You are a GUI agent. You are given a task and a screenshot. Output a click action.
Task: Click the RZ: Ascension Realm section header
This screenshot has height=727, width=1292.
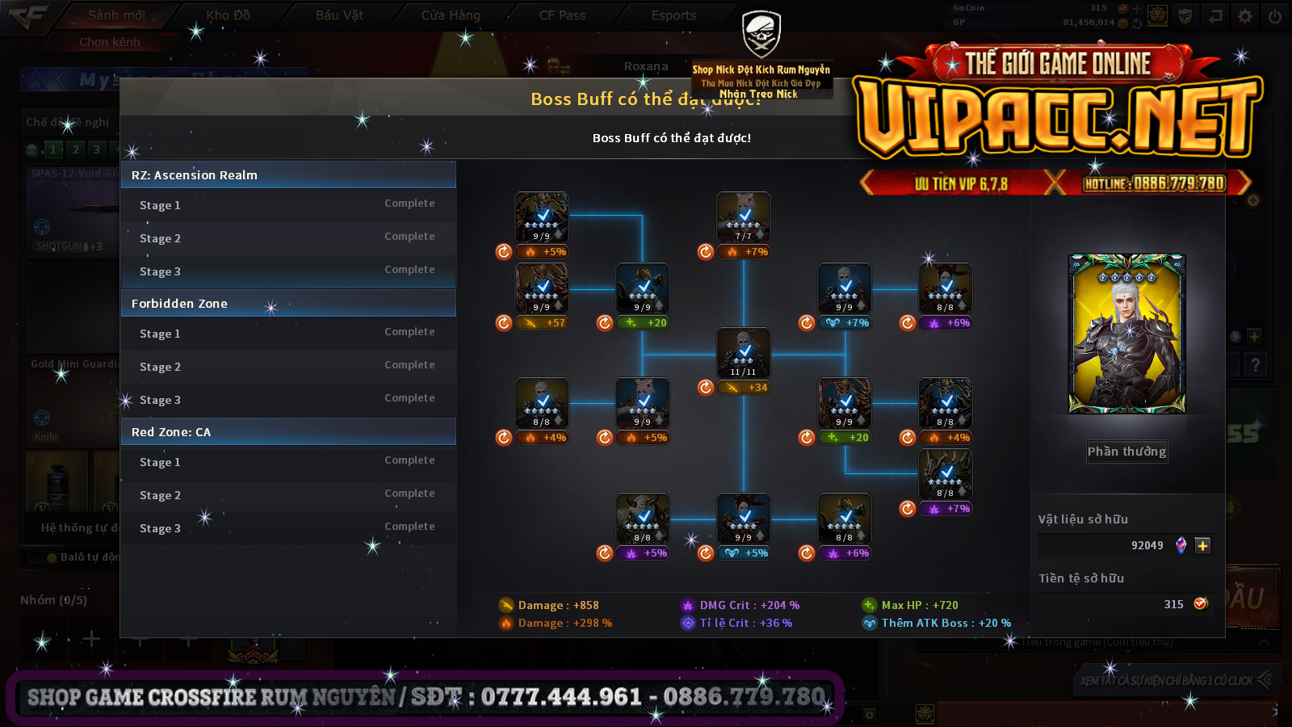(288, 175)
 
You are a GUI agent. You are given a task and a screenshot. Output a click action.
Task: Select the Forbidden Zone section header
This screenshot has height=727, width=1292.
(288, 304)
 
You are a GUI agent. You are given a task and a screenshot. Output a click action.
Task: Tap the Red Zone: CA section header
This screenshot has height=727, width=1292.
(288, 432)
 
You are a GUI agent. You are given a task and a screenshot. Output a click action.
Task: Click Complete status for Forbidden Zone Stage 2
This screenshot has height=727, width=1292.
(409, 365)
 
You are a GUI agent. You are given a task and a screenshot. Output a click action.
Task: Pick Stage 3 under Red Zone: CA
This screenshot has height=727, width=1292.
(160, 528)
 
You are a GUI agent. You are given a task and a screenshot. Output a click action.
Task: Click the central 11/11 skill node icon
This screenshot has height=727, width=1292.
(744, 352)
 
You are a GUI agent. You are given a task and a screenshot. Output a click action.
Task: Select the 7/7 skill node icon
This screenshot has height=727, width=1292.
(744, 216)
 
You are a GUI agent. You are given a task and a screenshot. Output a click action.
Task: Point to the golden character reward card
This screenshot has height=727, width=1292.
(1126, 334)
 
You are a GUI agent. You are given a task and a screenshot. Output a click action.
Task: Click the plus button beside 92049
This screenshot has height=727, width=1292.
(1202, 546)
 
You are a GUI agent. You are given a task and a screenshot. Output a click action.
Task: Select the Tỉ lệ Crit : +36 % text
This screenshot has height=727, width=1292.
(745, 623)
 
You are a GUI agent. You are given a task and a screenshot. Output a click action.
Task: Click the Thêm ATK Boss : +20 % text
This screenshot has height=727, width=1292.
(946, 623)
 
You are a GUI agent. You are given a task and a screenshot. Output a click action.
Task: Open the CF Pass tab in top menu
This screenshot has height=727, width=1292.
(562, 15)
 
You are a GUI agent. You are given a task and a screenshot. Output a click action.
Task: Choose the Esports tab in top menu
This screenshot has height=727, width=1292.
(673, 15)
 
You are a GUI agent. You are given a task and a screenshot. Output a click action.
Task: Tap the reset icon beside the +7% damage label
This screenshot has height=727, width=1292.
(706, 252)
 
